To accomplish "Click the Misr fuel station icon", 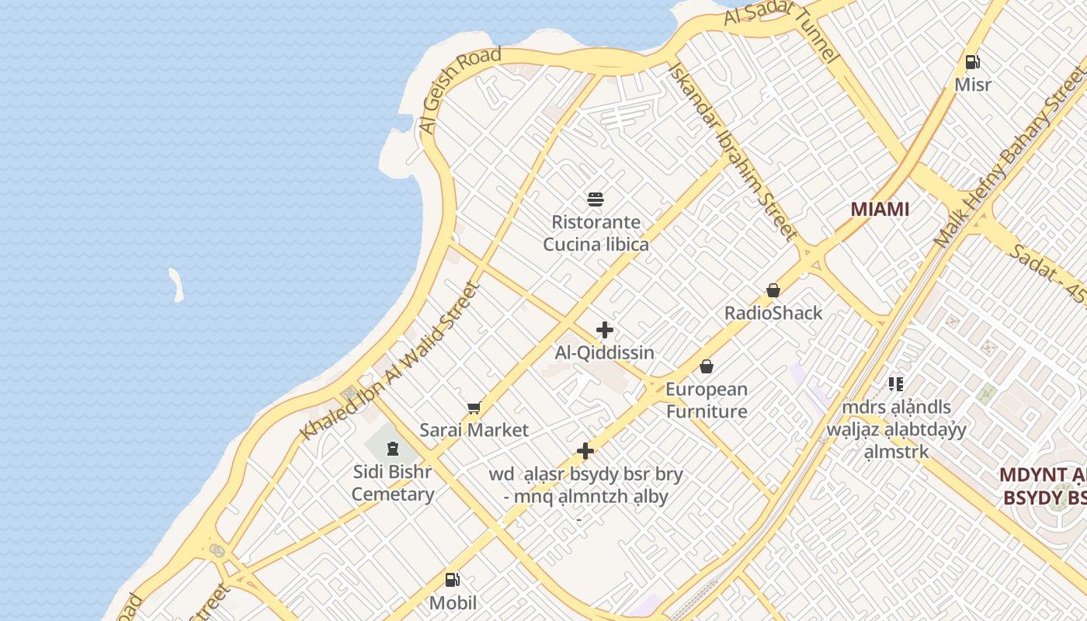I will point(972,62).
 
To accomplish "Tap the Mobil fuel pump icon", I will point(453,580).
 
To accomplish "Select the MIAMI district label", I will point(880,209).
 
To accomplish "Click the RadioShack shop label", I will point(773,313).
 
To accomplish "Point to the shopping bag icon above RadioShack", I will point(773,290).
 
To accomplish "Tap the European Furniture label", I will point(706,400).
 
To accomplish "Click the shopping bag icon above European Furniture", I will point(707,366).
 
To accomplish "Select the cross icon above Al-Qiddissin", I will point(605,330).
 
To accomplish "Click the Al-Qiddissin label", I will point(604,352).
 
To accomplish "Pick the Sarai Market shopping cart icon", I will point(474,408).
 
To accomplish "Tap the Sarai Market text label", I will point(474,430).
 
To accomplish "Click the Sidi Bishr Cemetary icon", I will point(393,449).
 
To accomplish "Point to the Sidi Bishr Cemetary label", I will point(392,483).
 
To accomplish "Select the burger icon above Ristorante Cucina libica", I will point(596,199).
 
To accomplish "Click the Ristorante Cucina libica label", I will point(596,233).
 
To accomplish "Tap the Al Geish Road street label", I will point(460,89).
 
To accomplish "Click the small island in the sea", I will point(177,285).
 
